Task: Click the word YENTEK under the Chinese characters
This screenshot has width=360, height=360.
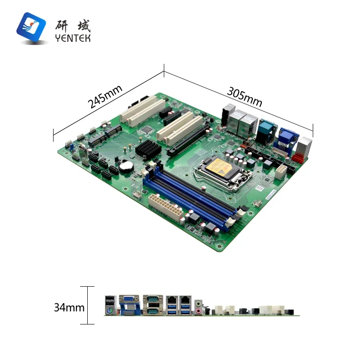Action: tap(72, 38)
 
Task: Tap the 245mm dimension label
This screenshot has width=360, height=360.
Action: tap(105, 96)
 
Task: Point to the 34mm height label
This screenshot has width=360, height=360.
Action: tap(69, 308)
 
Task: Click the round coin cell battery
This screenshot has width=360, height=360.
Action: tap(126, 166)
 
